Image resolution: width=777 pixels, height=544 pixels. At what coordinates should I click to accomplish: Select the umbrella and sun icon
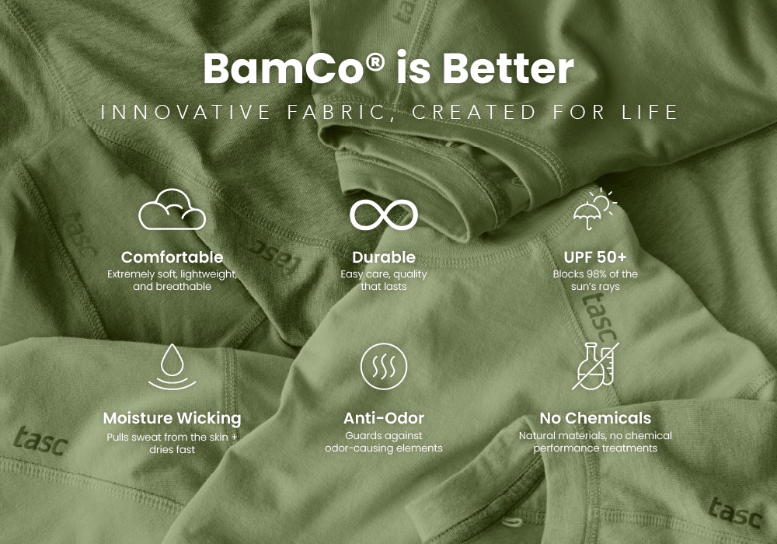[x=594, y=208]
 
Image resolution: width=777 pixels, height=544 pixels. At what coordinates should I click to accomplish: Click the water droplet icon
[x=172, y=367]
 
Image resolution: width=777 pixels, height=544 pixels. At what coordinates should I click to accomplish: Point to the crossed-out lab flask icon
[x=595, y=366]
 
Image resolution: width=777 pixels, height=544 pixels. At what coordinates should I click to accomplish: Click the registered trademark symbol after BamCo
[x=376, y=61]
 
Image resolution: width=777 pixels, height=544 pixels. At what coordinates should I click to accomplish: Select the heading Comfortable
[x=172, y=257]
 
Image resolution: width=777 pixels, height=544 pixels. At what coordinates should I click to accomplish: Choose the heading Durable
[x=384, y=257]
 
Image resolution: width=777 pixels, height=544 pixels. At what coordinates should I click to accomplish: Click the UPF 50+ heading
[x=595, y=257]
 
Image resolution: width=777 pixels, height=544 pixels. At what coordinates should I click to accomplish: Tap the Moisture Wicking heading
[x=172, y=419]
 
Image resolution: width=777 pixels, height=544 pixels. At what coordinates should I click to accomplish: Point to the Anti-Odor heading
[x=384, y=418]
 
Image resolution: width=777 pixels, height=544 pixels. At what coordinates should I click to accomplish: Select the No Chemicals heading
[x=595, y=418]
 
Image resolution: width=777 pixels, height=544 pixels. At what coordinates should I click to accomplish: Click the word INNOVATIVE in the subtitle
[x=186, y=113]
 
